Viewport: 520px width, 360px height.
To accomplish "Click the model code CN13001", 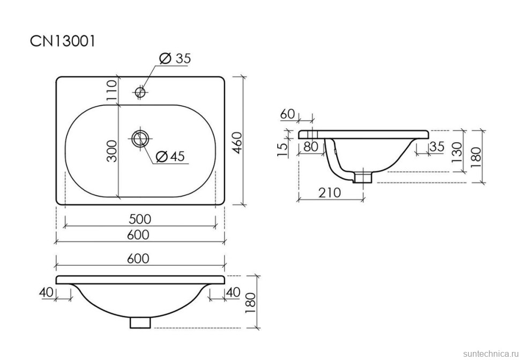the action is coord(62,41).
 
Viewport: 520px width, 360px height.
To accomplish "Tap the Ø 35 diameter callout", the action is coord(175,58).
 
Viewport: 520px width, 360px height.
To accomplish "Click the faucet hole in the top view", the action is coord(140,92).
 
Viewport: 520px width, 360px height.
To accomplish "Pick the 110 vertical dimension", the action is coord(112,90).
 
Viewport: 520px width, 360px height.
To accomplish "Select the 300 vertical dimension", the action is coord(112,151).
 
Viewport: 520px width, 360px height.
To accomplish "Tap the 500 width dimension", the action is coord(139,219).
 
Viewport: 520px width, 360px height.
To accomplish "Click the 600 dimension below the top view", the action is coord(138,234).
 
